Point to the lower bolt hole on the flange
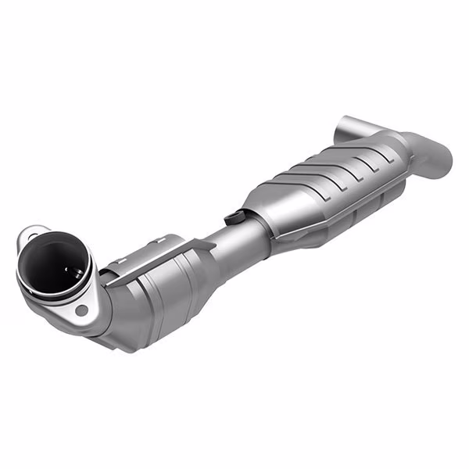tap(81, 311)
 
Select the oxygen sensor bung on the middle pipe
tap(231, 213)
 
